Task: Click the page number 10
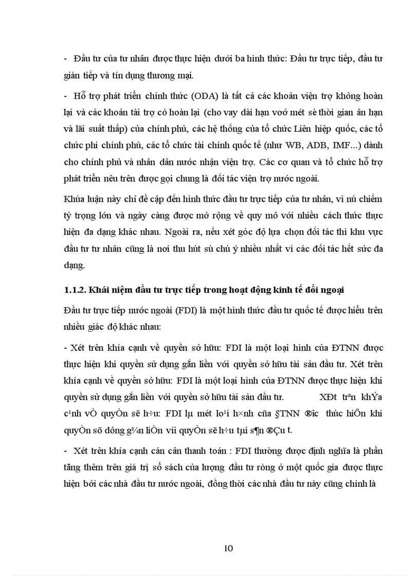tap(229, 548)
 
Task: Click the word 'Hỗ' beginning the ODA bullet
tap(81, 96)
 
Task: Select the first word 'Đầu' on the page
tap(83, 59)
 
